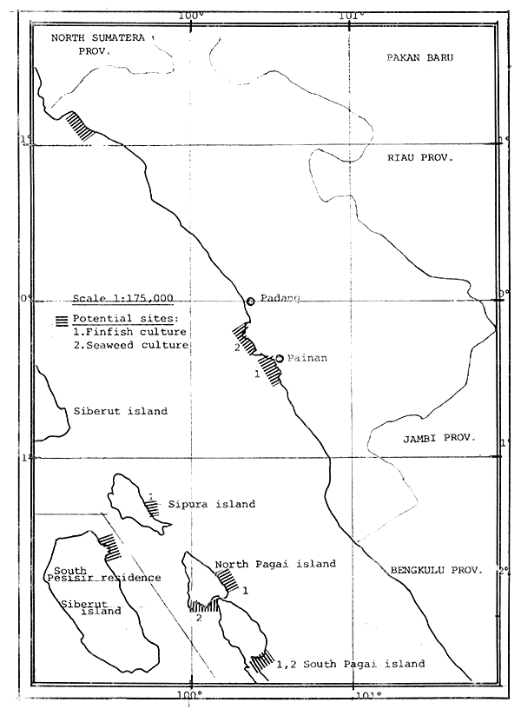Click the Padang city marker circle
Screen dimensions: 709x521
click(250, 301)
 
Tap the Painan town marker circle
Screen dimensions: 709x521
click(280, 358)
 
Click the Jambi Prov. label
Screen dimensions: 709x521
click(439, 439)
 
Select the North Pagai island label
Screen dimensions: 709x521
click(276, 564)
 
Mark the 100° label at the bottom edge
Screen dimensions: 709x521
click(190, 693)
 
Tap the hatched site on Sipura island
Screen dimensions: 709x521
click(155, 507)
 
